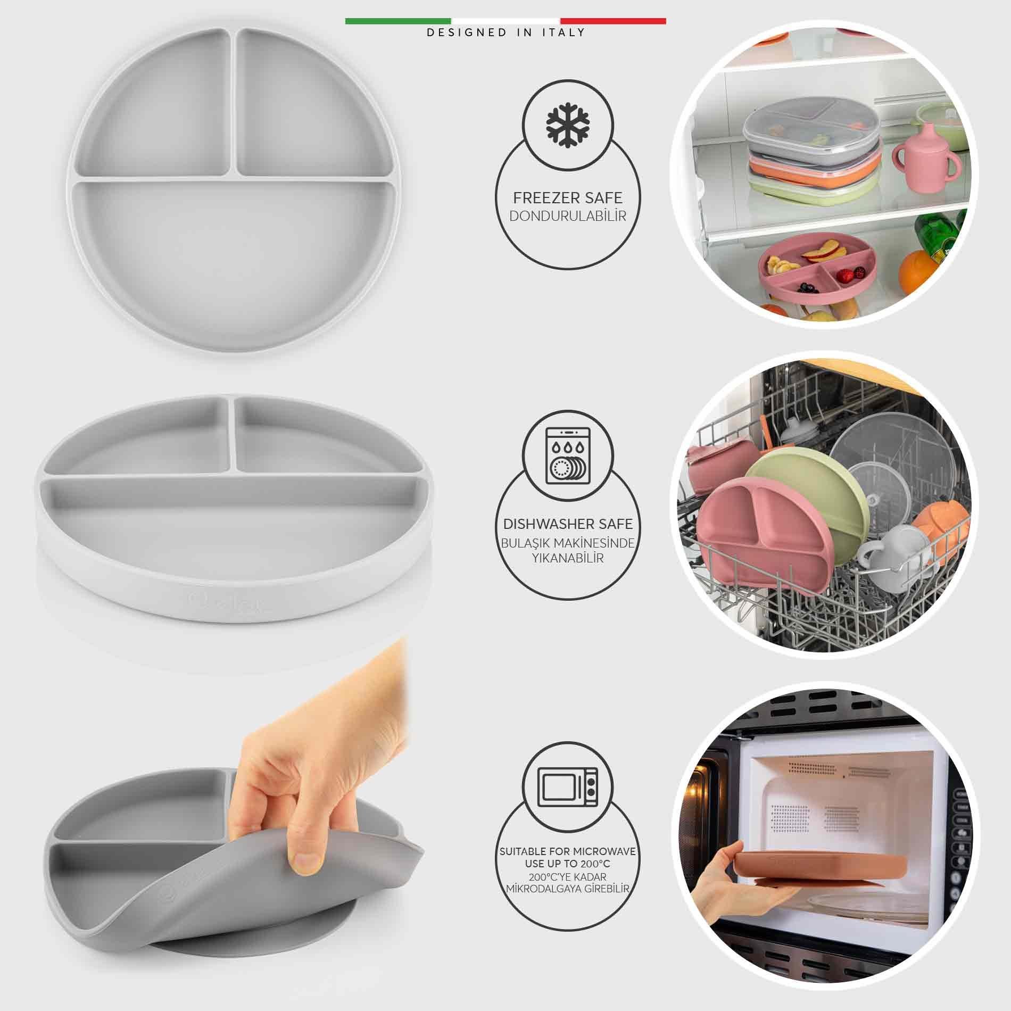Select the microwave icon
pyautogui.click(x=568, y=787)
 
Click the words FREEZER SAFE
pyautogui.click(x=567, y=198)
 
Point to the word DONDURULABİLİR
pyautogui.click(x=567, y=216)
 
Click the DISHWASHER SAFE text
pyautogui.click(x=568, y=524)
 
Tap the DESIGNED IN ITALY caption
pyautogui.click(x=505, y=32)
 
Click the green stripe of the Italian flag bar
pyautogui.click(x=398, y=21)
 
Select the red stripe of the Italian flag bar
pyautogui.click(x=612, y=21)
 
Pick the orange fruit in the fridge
pyautogui.click(x=919, y=271)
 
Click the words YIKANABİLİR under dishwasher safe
pyautogui.click(x=568, y=558)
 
